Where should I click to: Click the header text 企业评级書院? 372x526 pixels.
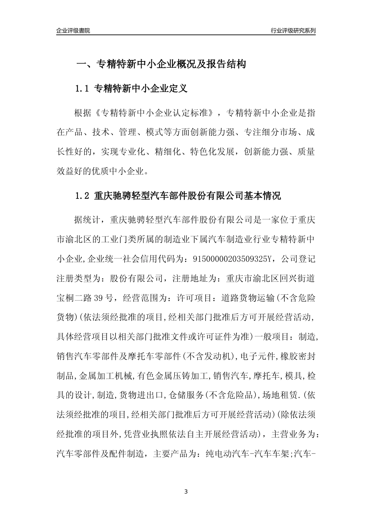73,31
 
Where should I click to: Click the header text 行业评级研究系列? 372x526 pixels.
293,31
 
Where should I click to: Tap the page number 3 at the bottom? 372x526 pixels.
186,491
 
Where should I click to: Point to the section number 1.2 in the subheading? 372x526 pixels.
83,196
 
